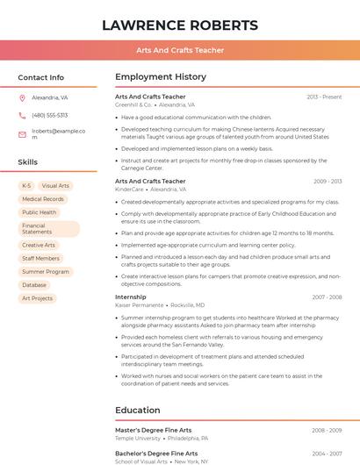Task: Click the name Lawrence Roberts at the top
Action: click(x=180, y=25)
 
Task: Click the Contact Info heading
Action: click(x=41, y=77)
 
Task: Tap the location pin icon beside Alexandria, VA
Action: click(x=22, y=98)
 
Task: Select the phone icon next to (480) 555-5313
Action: click(x=22, y=115)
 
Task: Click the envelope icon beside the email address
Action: click(x=22, y=134)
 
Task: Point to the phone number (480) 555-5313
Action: click(x=50, y=115)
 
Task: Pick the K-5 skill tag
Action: click(x=26, y=186)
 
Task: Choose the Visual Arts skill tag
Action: click(x=55, y=186)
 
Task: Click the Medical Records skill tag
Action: click(x=43, y=199)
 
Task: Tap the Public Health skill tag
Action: click(x=40, y=212)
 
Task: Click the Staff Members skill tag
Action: click(x=41, y=259)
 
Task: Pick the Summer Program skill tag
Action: click(x=46, y=272)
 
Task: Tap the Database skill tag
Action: click(x=34, y=285)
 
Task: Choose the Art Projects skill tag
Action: click(x=38, y=298)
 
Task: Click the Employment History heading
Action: click(x=161, y=77)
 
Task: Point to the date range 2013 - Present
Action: click(x=324, y=97)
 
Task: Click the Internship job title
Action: click(x=131, y=297)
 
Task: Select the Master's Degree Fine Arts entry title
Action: click(x=154, y=430)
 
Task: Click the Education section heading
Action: click(x=139, y=410)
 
